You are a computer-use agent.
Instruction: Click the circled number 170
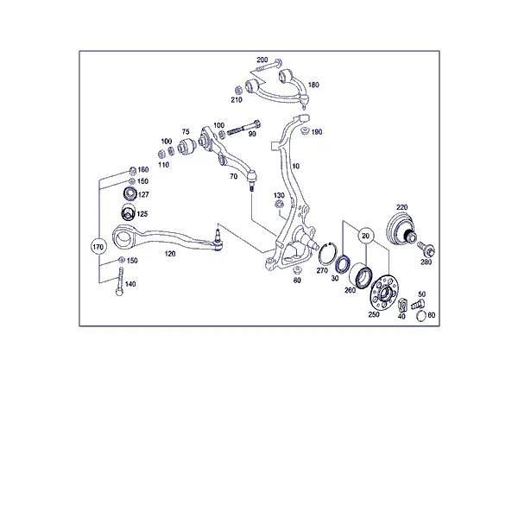[98, 247]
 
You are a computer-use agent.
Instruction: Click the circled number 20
[365, 236]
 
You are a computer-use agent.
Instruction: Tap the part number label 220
[402, 207]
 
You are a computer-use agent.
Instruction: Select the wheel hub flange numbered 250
[382, 292]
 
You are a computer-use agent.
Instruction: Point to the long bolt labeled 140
[120, 281]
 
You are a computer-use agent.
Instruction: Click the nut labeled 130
[279, 205]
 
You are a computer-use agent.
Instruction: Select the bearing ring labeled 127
[129, 193]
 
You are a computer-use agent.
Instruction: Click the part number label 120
[170, 254]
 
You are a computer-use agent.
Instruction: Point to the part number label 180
[313, 85]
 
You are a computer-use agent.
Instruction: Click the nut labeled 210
[238, 90]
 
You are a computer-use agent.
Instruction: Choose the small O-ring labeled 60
[421, 316]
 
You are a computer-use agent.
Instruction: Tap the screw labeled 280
[426, 250]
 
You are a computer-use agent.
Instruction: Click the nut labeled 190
[305, 131]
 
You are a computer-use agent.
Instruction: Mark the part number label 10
[295, 166]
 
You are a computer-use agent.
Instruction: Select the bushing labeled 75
[187, 147]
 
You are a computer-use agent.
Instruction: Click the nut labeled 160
[132, 171]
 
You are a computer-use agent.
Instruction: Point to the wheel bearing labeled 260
[361, 275]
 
